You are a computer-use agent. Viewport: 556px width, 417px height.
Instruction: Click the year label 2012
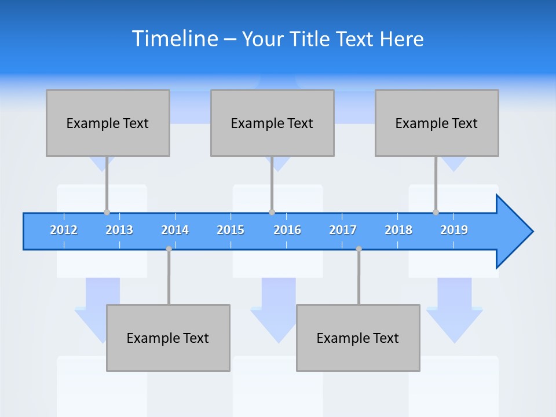[64, 230]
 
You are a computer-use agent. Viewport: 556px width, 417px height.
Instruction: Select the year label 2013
[119, 230]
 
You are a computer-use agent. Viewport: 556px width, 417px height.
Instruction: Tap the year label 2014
[175, 230]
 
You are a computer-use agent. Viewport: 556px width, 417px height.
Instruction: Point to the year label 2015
[231, 230]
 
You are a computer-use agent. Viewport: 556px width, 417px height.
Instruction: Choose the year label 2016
[287, 230]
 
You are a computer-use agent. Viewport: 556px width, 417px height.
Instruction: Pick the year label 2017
[343, 230]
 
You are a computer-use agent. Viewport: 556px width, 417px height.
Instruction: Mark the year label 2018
[398, 230]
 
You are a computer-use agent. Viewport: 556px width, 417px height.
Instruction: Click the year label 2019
[454, 230]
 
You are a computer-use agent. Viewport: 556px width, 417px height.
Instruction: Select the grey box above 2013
[108, 123]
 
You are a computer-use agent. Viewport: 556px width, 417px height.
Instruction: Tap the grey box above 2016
[272, 123]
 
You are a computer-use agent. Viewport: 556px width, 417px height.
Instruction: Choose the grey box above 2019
[437, 123]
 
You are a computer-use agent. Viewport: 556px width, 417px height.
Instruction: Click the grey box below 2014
[168, 338]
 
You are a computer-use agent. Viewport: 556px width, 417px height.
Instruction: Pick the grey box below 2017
[358, 338]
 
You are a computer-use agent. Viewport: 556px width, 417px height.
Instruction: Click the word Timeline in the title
[174, 38]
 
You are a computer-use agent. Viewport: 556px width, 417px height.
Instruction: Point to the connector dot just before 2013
[107, 212]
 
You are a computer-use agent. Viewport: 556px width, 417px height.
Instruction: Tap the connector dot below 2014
[169, 249]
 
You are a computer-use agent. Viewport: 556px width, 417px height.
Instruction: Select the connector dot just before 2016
[272, 212]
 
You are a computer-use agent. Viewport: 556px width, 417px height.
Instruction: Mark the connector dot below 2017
[359, 249]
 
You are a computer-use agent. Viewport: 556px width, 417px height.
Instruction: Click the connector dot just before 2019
[436, 212]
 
